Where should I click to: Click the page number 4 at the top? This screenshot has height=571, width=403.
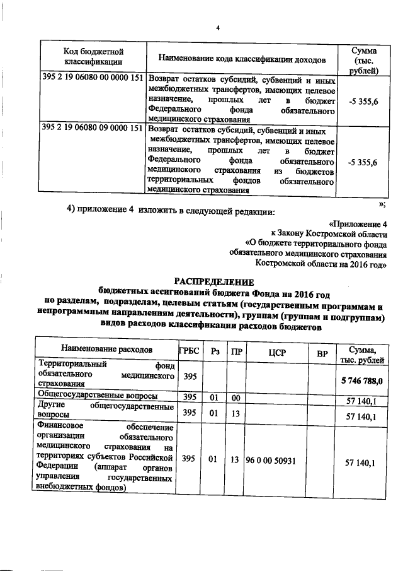[217, 27]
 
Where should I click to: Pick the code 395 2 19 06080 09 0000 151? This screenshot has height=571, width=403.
[93, 127]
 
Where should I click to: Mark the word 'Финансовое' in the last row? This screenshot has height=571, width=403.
[62, 426]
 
